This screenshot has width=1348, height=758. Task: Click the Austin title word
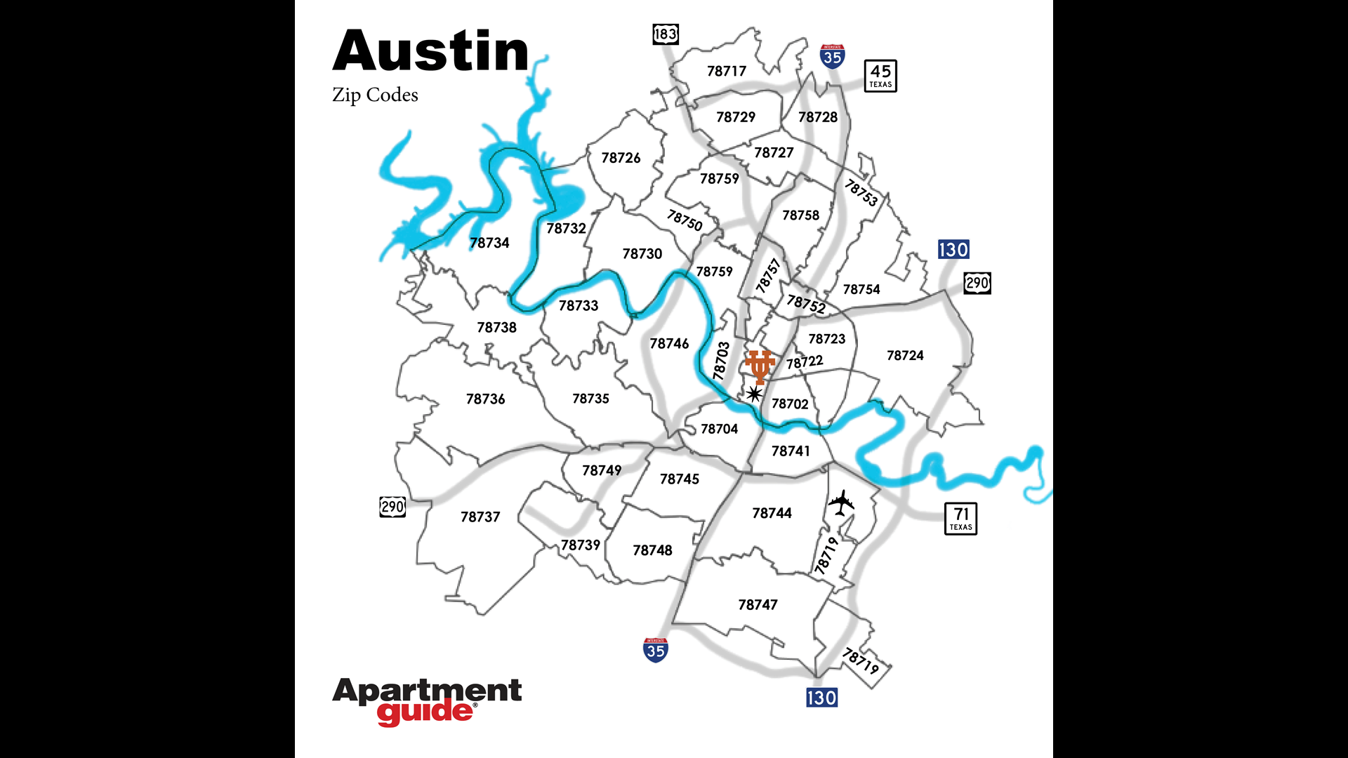(x=430, y=51)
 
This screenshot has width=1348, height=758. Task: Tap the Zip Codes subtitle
(x=375, y=95)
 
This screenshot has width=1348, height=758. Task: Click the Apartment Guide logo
(x=427, y=701)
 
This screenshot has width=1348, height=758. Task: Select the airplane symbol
(x=841, y=503)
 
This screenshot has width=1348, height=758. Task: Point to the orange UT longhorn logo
(x=759, y=366)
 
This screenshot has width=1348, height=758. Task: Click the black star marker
(x=754, y=394)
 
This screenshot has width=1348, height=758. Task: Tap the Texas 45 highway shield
(x=880, y=76)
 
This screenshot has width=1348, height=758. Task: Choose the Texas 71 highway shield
(x=960, y=519)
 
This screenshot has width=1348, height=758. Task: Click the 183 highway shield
(x=665, y=34)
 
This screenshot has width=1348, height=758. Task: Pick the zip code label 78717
(x=727, y=71)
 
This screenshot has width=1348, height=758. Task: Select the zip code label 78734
(x=489, y=243)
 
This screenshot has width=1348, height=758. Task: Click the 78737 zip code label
(x=480, y=517)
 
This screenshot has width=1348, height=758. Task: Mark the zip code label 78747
(x=758, y=604)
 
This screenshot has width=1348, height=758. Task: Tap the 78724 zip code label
(x=905, y=355)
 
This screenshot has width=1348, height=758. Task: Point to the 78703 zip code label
(x=721, y=361)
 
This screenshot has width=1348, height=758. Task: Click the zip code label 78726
(x=621, y=158)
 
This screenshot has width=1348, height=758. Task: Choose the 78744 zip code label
(x=772, y=513)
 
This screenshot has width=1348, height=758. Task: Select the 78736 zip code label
(x=485, y=399)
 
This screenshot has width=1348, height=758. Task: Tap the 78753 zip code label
(x=861, y=192)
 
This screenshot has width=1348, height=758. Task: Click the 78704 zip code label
(x=719, y=429)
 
